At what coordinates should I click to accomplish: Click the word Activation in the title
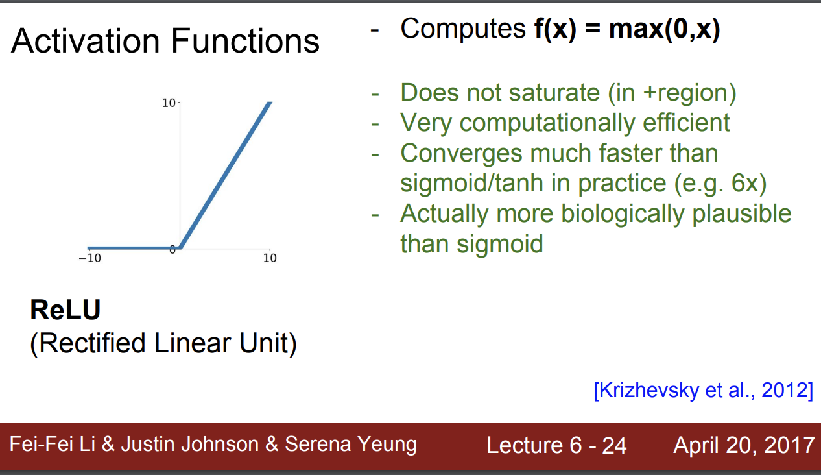tap(86, 40)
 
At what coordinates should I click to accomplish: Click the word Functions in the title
tap(245, 40)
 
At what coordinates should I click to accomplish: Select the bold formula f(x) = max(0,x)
tap(627, 29)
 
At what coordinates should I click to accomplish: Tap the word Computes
tap(463, 29)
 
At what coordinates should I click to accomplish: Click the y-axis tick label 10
tap(169, 103)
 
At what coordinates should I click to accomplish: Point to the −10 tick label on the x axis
tap(89, 258)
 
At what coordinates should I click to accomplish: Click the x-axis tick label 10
tap(270, 258)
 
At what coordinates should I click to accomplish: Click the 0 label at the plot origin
tap(173, 250)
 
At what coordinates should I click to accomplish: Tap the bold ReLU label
tap(65, 310)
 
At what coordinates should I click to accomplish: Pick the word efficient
tap(686, 122)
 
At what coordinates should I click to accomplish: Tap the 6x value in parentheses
tap(746, 183)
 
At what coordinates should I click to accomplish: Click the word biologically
tap(623, 214)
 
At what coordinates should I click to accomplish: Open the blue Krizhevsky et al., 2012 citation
tap(704, 390)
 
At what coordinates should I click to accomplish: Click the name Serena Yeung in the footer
tap(351, 445)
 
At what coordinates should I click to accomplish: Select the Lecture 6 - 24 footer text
tap(556, 445)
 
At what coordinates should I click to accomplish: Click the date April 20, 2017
tap(744, 445)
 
